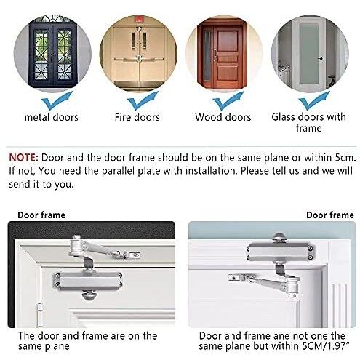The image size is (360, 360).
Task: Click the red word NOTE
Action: pyautogui.click(x=23, y=158)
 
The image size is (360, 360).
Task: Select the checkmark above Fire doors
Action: pyautogui.click(x=143, y=100)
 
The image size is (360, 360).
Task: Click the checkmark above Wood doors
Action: pyautogui.click(x=228, y=100)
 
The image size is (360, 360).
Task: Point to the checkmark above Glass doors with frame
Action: pyautogui.click(x=314, y=100)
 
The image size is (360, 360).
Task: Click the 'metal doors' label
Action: pyautogui.click(x=52, y=117)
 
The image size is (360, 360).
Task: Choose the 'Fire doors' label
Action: pyautogui.click(x=137, y=117)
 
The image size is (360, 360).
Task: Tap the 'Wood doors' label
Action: pyautogui.click(x=223, y=117)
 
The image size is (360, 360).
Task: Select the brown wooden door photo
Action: pyautogui.click(x=224, y=54)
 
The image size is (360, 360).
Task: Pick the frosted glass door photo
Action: pyautogui.click(x=310, y=54)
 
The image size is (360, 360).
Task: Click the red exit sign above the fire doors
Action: pyautogui.click(x=139, y=19)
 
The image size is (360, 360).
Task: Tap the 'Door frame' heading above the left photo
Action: pyautogui.click(x=41, y=215)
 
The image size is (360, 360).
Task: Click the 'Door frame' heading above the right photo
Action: pyautogui.click(x=330, y=215)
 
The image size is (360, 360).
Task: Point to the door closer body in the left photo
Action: pyautogui.click(x=87, y=281)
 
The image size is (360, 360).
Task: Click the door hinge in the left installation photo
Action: pyautogui.click(x=39, y=313)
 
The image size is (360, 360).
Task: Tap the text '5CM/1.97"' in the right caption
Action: pyautogui.click(x=326, y=346)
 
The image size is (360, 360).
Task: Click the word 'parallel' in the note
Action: pyautogui.click(x=119, y=171)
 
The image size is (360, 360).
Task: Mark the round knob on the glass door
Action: pyautogui.click(x=321, y=59)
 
